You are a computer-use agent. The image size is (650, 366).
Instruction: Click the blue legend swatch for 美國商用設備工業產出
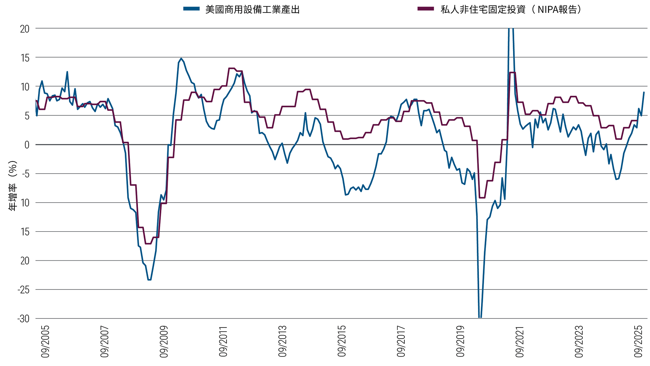point(191,9)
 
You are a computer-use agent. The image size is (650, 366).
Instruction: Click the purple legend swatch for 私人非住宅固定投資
point(425,9)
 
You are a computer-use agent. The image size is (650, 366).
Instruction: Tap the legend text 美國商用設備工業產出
point(252,10)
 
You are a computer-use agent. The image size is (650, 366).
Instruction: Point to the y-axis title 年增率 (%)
point(13,186)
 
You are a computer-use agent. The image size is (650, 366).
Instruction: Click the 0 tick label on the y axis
point(27,145)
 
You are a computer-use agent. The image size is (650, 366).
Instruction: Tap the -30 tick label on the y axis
point(23,319)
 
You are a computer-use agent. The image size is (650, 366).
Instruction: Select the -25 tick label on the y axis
point(23,290)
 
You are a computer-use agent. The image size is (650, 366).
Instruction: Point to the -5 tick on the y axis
point(25,174)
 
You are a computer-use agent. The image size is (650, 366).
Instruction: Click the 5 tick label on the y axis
point(27,116)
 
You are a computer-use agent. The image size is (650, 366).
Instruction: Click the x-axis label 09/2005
point(45,342)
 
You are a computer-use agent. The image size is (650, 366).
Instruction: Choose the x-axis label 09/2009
point(164,342)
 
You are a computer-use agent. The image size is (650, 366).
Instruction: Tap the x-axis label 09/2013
point(283,342)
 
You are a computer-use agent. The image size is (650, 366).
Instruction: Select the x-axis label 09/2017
point(401,342)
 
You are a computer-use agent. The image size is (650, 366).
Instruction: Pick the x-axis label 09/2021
point(520,342)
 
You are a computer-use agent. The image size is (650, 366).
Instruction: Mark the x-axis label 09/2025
point(638,342)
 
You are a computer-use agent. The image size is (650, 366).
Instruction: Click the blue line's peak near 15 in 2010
point(181,58)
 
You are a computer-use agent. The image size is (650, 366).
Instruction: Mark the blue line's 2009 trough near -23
point(149,280)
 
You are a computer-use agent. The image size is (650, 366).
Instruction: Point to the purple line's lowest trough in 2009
point(148,243)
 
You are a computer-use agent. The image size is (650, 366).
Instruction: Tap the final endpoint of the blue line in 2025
point(644,92)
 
